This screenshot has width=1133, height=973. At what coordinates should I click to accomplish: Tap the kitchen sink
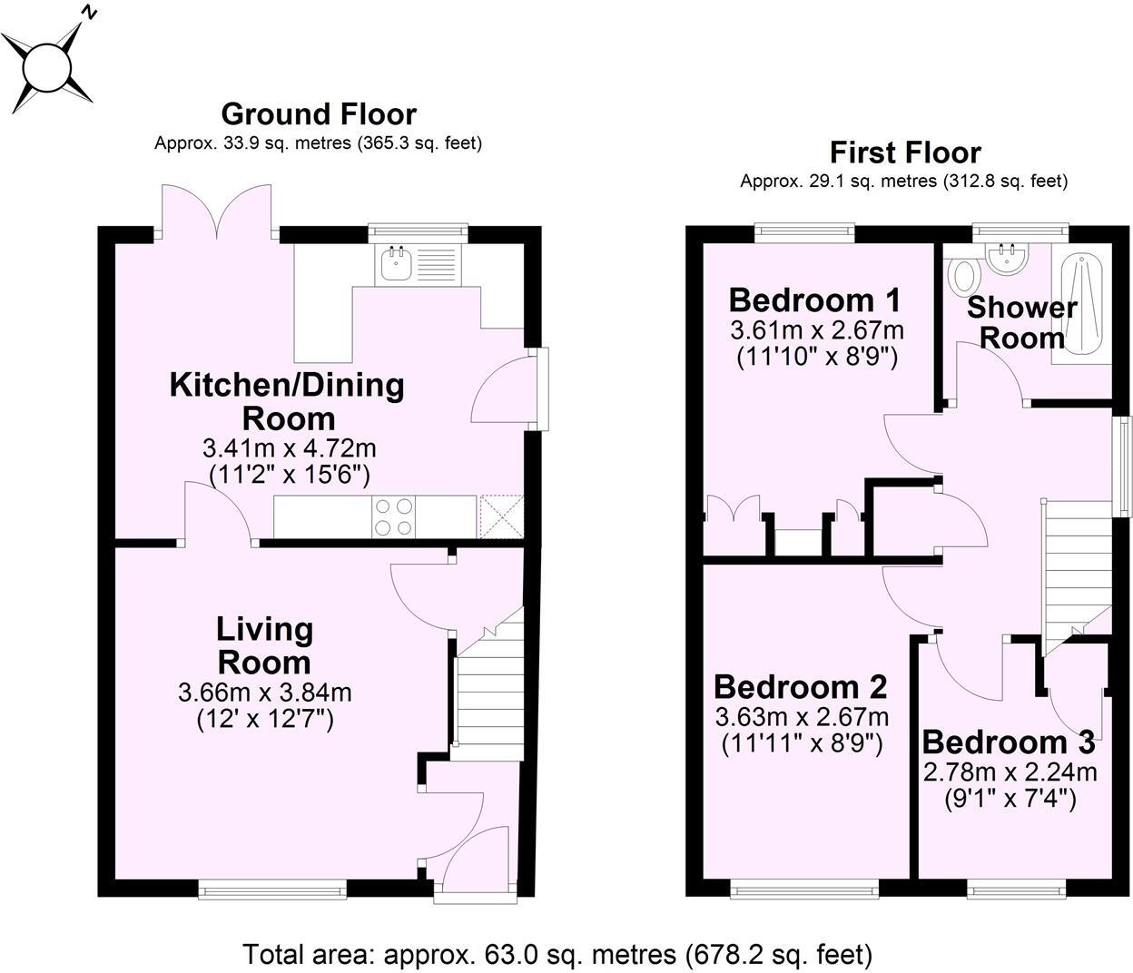click(x=397, y=263)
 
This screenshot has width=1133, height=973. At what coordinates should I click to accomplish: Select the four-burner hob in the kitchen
click(x=393, y=516)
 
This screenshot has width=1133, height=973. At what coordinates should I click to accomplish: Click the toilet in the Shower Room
click(x=963, y=273)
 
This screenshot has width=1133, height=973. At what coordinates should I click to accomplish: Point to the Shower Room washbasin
click(x=1008, y=260)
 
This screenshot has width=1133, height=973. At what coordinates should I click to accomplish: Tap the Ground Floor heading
click(x=319, y=114)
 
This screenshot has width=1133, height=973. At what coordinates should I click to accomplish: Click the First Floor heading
click(x=904, y=152)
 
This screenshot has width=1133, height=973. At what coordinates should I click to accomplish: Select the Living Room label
click(x=264, y=645)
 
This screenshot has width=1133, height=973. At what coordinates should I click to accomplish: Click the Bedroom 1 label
click(x=813, y=299)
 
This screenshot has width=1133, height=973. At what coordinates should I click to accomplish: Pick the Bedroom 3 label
click(x=1009, y=742)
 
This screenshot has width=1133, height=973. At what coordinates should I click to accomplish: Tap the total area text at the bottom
click(x=557, y=954)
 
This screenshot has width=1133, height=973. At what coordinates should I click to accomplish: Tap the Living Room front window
click(x=272, y=890)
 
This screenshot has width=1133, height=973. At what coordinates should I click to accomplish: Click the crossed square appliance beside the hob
click(x=502, y=516)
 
